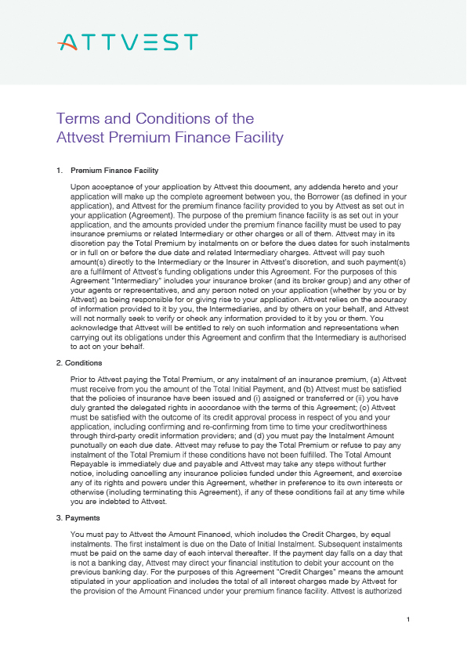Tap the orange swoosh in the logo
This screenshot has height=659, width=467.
tap(70, 46)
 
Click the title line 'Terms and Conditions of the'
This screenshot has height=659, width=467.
tap(155, 119)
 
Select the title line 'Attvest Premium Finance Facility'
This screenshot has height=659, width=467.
tap(169, 138)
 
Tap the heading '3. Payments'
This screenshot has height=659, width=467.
tap(78, 518)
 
